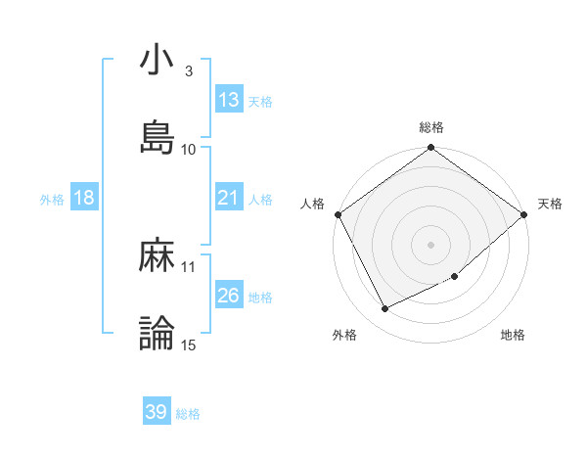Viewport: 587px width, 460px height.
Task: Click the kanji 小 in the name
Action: [x=157, y=61]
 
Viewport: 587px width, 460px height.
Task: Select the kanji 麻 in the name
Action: [x=157, y=256]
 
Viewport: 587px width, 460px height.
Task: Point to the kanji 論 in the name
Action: [x=157, y=334]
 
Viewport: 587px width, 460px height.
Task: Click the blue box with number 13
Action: [x=229, y=100]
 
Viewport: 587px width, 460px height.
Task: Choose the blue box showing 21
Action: [x=228, y=198]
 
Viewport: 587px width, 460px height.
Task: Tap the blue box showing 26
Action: [x=228, y=295]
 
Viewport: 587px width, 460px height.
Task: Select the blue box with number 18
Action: [x=83, y=198]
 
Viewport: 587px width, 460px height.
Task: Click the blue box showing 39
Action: [x=156, y=412]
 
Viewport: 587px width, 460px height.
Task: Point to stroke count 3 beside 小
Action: [x=189, y=71]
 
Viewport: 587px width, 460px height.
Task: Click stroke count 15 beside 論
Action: [x=189, y=345]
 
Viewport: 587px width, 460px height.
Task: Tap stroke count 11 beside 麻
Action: [x=189, y=266]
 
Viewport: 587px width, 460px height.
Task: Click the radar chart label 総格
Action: [x=431, y=127]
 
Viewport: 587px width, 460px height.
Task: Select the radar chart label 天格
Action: [x=551, y=204]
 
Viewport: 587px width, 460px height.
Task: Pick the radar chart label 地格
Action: [x=513, y=336]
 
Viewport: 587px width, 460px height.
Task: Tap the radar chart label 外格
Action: [x=344, y=336]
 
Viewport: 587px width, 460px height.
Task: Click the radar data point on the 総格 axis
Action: [x=431, y=149]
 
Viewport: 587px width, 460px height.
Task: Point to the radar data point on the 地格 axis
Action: [x=455, y=277]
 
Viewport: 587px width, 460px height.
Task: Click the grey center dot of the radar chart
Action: [x=431, y=245]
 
